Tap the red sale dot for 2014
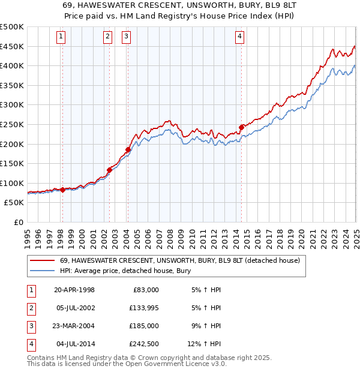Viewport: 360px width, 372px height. pyautogui.click(x=241, y=127)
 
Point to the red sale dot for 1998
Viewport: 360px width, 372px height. pyautogui.click(x=62, y=190)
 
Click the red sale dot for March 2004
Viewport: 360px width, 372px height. pyautogui.click(x=128, y=149)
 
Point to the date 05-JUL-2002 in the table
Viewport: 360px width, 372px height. pyautogui.click(x=74, y=308)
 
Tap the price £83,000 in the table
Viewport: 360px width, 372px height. pyautogui.click(x=145, y=290)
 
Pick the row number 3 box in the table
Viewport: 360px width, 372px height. pyautogui.click(x=31, y=326)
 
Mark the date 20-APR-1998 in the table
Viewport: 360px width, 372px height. pyautogui.click(x=74, y=290)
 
